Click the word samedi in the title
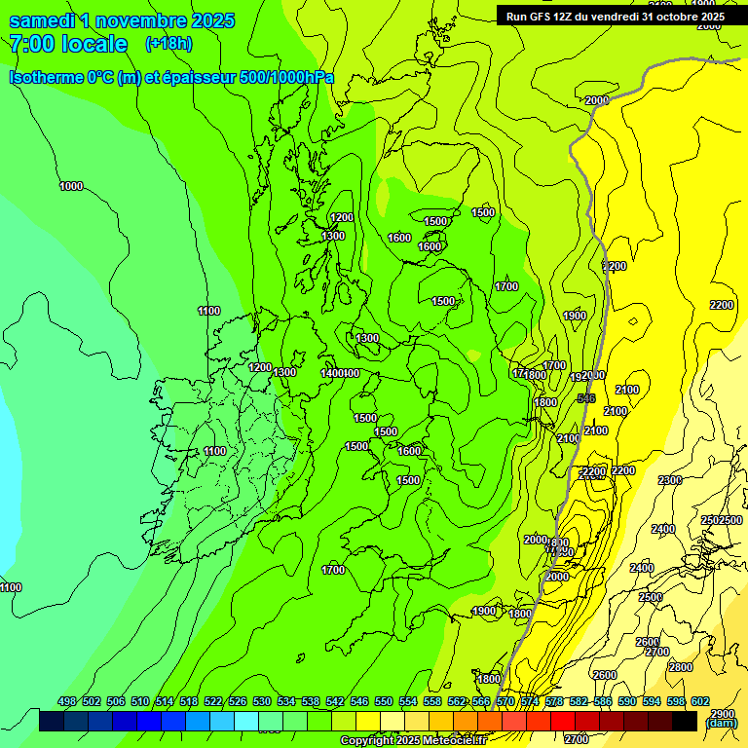pos(43,20)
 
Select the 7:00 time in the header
pos(31,44)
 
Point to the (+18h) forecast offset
pos(168,44)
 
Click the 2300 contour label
pos(669,480)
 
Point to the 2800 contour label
pos(681,667)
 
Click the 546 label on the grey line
pos(585,398)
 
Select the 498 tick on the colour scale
pos(67,701)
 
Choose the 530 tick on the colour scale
pos(262,701)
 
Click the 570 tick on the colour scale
pos(505,701)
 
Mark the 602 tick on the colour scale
pos(700,701)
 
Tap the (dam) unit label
pos(721,724)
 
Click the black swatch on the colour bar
pos(685,721)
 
